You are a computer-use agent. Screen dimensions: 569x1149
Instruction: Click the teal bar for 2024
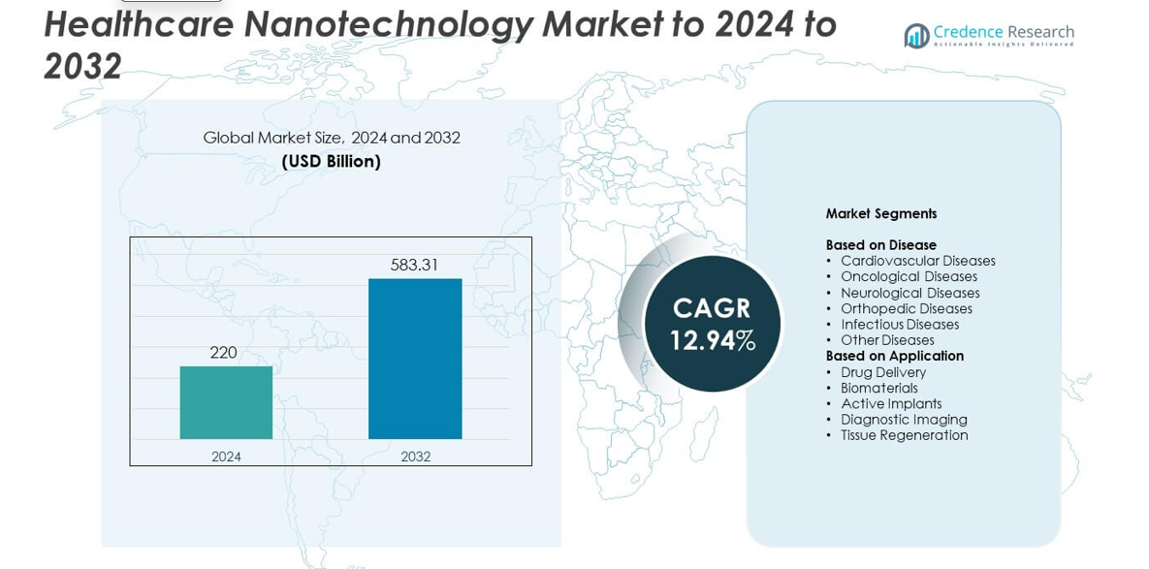tap(226, 402)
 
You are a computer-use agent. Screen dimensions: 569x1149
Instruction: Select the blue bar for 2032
tap(415, 359)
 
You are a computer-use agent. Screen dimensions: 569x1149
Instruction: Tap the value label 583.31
tap(415, 265)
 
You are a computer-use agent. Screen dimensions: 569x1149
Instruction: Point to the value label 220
tap(224, 353)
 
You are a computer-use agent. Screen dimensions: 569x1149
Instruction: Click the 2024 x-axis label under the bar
tap(226, 457)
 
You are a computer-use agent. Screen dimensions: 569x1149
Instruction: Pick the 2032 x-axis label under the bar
tap(415, 457)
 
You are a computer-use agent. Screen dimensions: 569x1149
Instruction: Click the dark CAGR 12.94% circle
tap(713, 324)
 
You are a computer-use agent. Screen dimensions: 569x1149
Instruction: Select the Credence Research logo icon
tap(916, 36)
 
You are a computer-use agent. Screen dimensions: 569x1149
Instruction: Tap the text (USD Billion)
tap(331, 161)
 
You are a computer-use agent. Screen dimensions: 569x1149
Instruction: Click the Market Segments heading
tap(880, 213)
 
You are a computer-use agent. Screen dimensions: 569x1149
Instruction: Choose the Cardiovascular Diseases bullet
tap(917, 261)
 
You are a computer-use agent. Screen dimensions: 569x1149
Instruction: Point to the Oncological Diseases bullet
tap(909, 276)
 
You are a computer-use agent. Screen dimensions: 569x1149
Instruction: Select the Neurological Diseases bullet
tap(910, 293)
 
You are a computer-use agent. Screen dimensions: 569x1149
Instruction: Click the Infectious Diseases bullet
tap(899, 325)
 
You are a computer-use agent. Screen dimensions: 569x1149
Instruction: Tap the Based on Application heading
tap(894, 356)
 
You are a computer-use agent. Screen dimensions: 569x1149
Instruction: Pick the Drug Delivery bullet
tap(882, 372)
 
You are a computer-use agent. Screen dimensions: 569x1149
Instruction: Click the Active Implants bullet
tap(890, 404)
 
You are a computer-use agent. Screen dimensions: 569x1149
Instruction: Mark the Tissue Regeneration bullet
tap(904, 435)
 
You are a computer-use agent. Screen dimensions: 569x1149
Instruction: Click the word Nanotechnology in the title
tap(389, 24)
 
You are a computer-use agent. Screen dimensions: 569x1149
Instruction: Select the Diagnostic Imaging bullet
tap(904, 420)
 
